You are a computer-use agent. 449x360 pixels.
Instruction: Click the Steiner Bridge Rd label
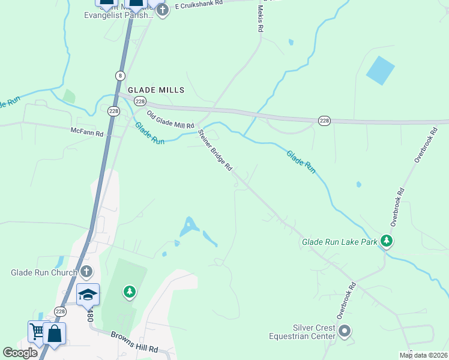point(215,151)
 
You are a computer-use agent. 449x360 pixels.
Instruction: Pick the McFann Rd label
point(87,131)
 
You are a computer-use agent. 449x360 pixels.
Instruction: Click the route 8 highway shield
point(121,75)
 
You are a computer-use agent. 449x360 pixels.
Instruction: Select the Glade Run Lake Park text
point(339,241)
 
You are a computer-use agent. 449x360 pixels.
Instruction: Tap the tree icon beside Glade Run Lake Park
point(387,241)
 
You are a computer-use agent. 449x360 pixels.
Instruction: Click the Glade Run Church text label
point(44,272)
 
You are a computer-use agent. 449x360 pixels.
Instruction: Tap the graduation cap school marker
point(88,294)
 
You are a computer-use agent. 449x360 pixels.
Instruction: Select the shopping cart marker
point(37,331)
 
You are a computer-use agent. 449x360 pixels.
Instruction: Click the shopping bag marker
point(54,334)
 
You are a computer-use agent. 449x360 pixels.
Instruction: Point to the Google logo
point(20,353)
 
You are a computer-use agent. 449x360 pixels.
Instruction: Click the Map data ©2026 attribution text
point(423,355)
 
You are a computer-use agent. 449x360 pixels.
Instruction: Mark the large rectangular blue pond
point(381,70)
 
